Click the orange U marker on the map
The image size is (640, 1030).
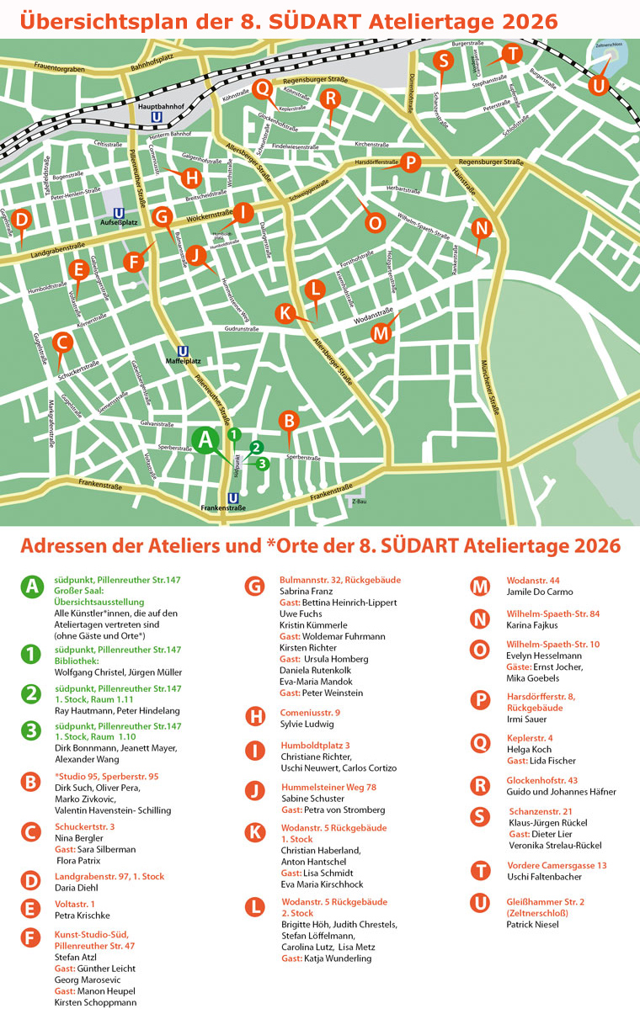coord(598,85)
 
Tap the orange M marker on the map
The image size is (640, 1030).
coord(381,333)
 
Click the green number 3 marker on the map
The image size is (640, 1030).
coord(263,464)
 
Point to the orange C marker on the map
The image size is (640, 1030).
coord(61,342)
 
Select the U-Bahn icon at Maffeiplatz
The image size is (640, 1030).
coord(184,352)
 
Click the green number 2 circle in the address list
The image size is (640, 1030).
coord(32,693)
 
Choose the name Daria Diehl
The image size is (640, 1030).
coord(77,889)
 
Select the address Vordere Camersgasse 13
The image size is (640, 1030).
coord(557,865)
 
